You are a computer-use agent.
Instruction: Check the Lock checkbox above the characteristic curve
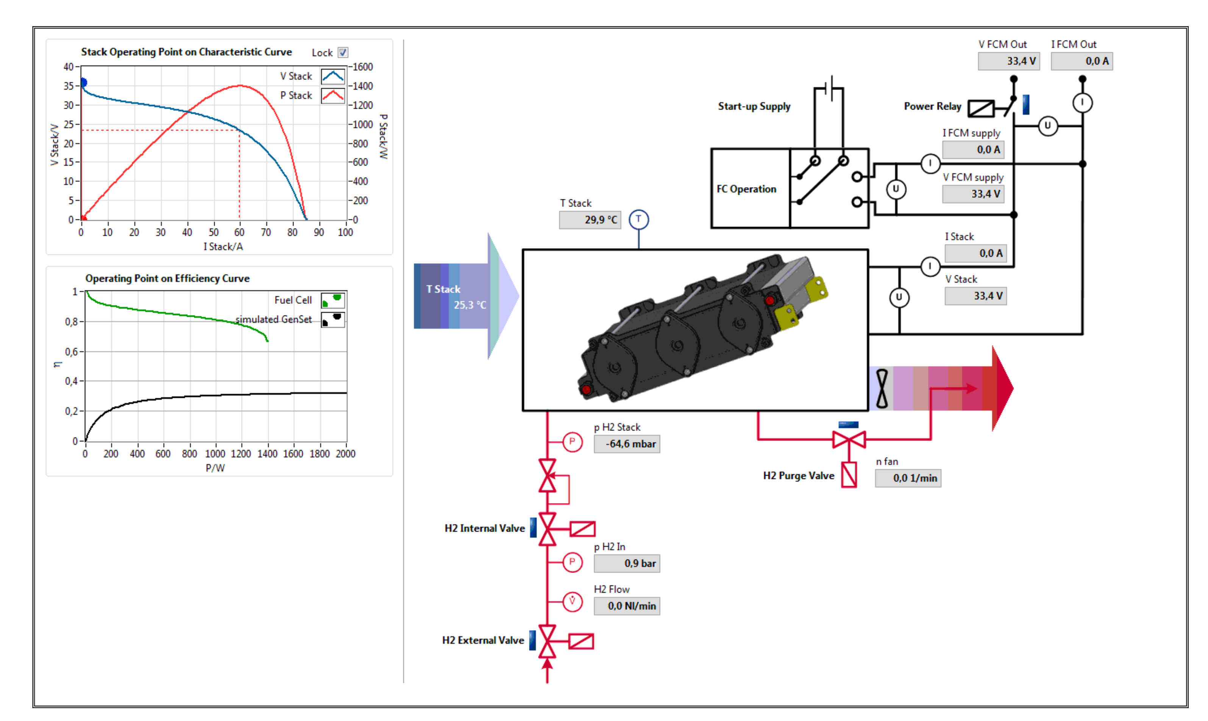[343, 52]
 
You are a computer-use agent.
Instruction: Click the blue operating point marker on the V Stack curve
[84, 83]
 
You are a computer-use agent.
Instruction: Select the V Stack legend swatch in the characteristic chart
[332, 76]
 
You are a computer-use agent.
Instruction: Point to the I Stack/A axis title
[223, 247]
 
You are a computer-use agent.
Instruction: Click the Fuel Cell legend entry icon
[332, 300]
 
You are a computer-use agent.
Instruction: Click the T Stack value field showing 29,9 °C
[590, 220]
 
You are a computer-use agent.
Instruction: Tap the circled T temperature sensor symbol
[638, 219]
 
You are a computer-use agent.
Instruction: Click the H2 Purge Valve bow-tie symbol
[849, 440]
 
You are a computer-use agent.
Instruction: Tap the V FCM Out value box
[1008, 61]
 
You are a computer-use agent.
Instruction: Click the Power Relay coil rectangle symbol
[981, 108]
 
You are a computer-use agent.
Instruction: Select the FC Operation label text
[746, 189]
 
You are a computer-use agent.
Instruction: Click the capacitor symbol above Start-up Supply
[831, 88]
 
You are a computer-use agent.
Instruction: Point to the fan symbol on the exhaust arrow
[882, 389]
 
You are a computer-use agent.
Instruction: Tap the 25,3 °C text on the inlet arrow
[470, 305]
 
